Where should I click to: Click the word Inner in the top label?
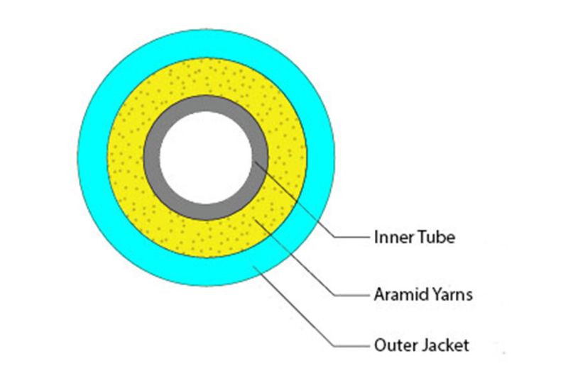pos(390,237)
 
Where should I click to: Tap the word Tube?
pos(434,237)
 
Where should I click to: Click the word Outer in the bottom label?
pos(390,346)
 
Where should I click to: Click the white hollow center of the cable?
pos(205,157)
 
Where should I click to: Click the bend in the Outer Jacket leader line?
pos(332,346)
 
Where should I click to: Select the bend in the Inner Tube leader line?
pos(332,237)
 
